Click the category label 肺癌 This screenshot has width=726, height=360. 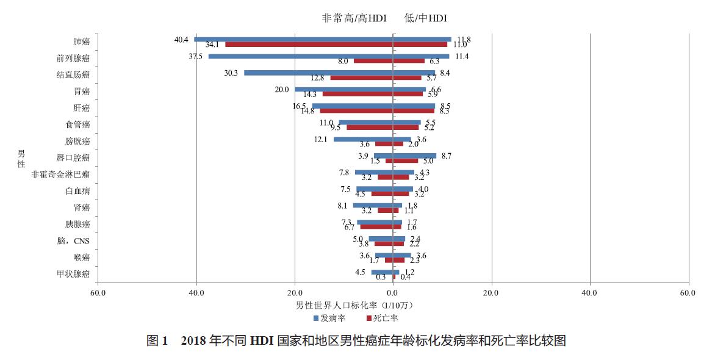pos(81,42)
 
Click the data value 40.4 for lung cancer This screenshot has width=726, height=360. pos(181,40)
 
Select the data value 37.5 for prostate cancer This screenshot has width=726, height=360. pos(195,56)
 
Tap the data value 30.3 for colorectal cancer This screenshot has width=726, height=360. pos(231,73)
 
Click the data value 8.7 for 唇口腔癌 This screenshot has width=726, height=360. pos(445,156)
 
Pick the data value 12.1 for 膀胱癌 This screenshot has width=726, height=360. pos(321,139)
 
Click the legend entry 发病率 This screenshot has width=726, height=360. pos(329,318)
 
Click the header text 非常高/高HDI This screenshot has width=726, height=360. pos(354,18)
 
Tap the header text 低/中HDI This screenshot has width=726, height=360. pos(426,18)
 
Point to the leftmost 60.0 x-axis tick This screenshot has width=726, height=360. pos(98,293)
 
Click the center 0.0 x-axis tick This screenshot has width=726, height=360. pos(393,293)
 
